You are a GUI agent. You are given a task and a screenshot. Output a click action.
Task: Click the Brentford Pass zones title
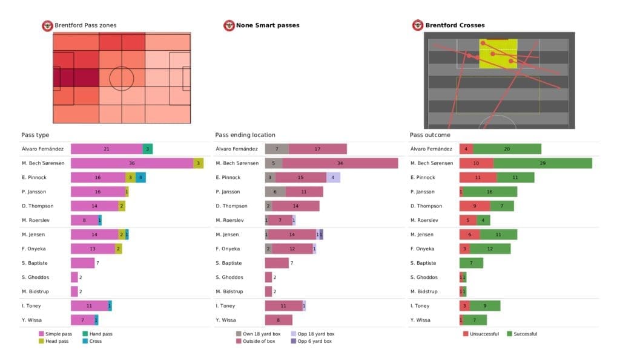point(85,25)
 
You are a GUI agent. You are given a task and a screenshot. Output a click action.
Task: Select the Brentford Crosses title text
point(455,25)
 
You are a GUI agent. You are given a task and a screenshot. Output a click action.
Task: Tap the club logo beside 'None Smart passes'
point(229,25)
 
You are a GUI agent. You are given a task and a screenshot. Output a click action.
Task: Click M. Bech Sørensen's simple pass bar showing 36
point(131,163)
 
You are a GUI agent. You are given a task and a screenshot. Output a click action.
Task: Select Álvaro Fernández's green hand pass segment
point(147,149)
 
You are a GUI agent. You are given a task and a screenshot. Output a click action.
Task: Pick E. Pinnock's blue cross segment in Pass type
point(140,177)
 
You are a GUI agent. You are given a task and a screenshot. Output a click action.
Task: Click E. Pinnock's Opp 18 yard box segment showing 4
point(333,177)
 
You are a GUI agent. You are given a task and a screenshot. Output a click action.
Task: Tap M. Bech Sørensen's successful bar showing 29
point(542,163)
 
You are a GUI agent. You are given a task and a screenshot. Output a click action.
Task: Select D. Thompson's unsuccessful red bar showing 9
point(474,206)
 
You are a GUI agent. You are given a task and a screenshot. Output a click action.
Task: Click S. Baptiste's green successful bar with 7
point(471,263)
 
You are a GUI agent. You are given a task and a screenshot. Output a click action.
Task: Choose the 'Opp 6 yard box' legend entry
point(312,341)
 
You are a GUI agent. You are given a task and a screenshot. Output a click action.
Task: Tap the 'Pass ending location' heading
point(245,135)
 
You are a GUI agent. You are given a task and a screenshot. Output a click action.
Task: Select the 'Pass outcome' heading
point(430,135)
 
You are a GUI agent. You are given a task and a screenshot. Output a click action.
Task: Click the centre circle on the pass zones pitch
point(122,78)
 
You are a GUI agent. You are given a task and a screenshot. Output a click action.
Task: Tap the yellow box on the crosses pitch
point(498,54)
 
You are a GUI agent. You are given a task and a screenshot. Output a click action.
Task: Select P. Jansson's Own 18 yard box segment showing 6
point(275,192)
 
